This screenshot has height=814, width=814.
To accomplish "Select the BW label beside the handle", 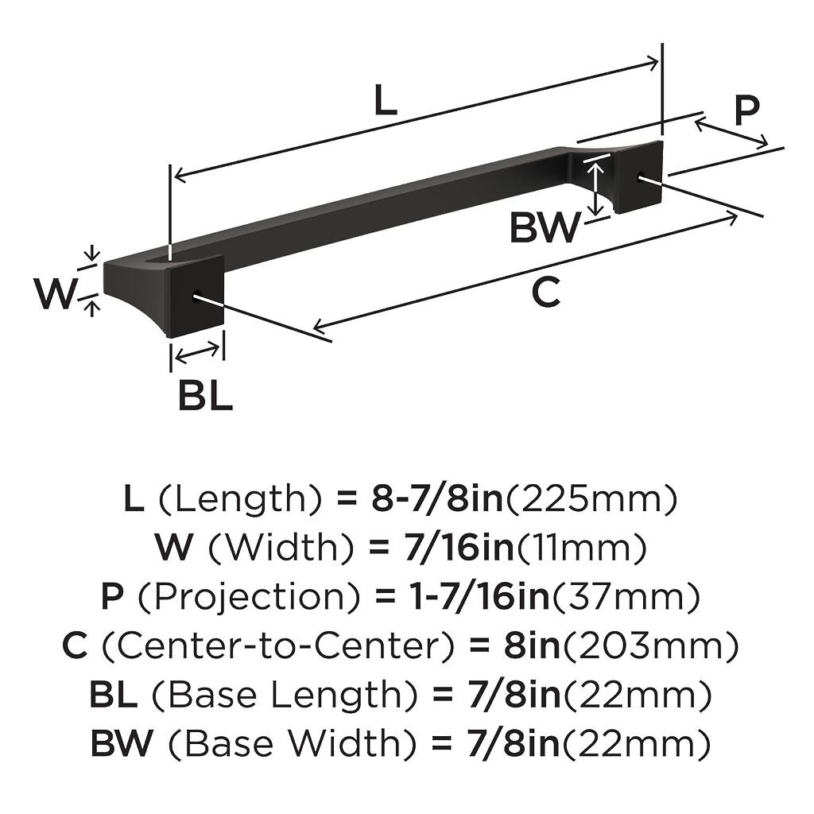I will (545, 227).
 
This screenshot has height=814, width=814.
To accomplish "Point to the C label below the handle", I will (545, 293).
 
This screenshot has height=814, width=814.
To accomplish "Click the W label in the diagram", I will (54, 294).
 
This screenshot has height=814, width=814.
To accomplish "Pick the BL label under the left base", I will (205, 395).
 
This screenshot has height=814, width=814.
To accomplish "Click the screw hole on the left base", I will (196, 299).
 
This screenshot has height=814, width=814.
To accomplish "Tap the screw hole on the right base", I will (640, 178).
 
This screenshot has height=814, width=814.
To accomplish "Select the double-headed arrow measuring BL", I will (197, 351).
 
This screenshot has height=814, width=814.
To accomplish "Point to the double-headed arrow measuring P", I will (731, 133).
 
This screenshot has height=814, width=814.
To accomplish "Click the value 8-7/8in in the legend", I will (437, 499).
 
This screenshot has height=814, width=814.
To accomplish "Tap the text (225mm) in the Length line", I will (592, 499).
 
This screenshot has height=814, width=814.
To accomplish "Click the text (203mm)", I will (651, 645).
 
